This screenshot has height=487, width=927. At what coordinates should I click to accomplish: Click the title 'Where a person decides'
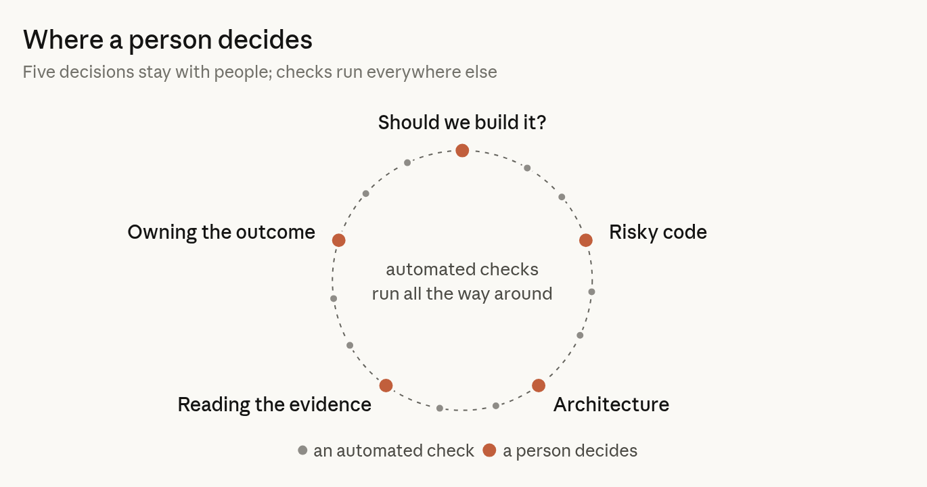(x=168, y=40)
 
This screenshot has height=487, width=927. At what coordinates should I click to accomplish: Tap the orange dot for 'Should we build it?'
(x=462, y=151)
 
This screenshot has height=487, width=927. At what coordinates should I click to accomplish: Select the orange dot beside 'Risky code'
(x=585, y=240)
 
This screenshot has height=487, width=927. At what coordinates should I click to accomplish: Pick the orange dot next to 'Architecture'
(x=539, y=386)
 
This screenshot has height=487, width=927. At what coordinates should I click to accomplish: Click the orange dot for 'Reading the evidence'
(x=386, y=386)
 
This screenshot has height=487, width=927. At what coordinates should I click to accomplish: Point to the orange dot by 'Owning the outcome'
(x=338, y=240)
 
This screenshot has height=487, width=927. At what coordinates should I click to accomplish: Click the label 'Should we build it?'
(x=462, y=122)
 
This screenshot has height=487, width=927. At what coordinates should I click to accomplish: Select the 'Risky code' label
(x=658, y=232)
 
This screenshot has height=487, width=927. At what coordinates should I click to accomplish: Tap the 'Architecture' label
(x=611, y=404)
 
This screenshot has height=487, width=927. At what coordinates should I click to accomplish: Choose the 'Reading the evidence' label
(x=274, y=404)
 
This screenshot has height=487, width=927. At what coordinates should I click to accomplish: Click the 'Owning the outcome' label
(x=221, y=232)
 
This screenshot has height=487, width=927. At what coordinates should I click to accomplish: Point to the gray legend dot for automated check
(x=302, y=450)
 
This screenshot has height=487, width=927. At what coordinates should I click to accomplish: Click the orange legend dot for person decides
(x=489, y=450)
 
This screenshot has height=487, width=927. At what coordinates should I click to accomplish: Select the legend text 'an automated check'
(x=394, y=450)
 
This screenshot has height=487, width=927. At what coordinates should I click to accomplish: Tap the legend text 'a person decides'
(x=570, y=450)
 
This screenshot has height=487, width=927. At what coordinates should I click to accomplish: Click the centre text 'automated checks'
(x=462, y=269)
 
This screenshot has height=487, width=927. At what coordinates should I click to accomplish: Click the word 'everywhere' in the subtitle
(x=417, y=72)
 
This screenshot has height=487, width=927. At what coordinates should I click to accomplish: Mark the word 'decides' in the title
(x=265, y=40)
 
